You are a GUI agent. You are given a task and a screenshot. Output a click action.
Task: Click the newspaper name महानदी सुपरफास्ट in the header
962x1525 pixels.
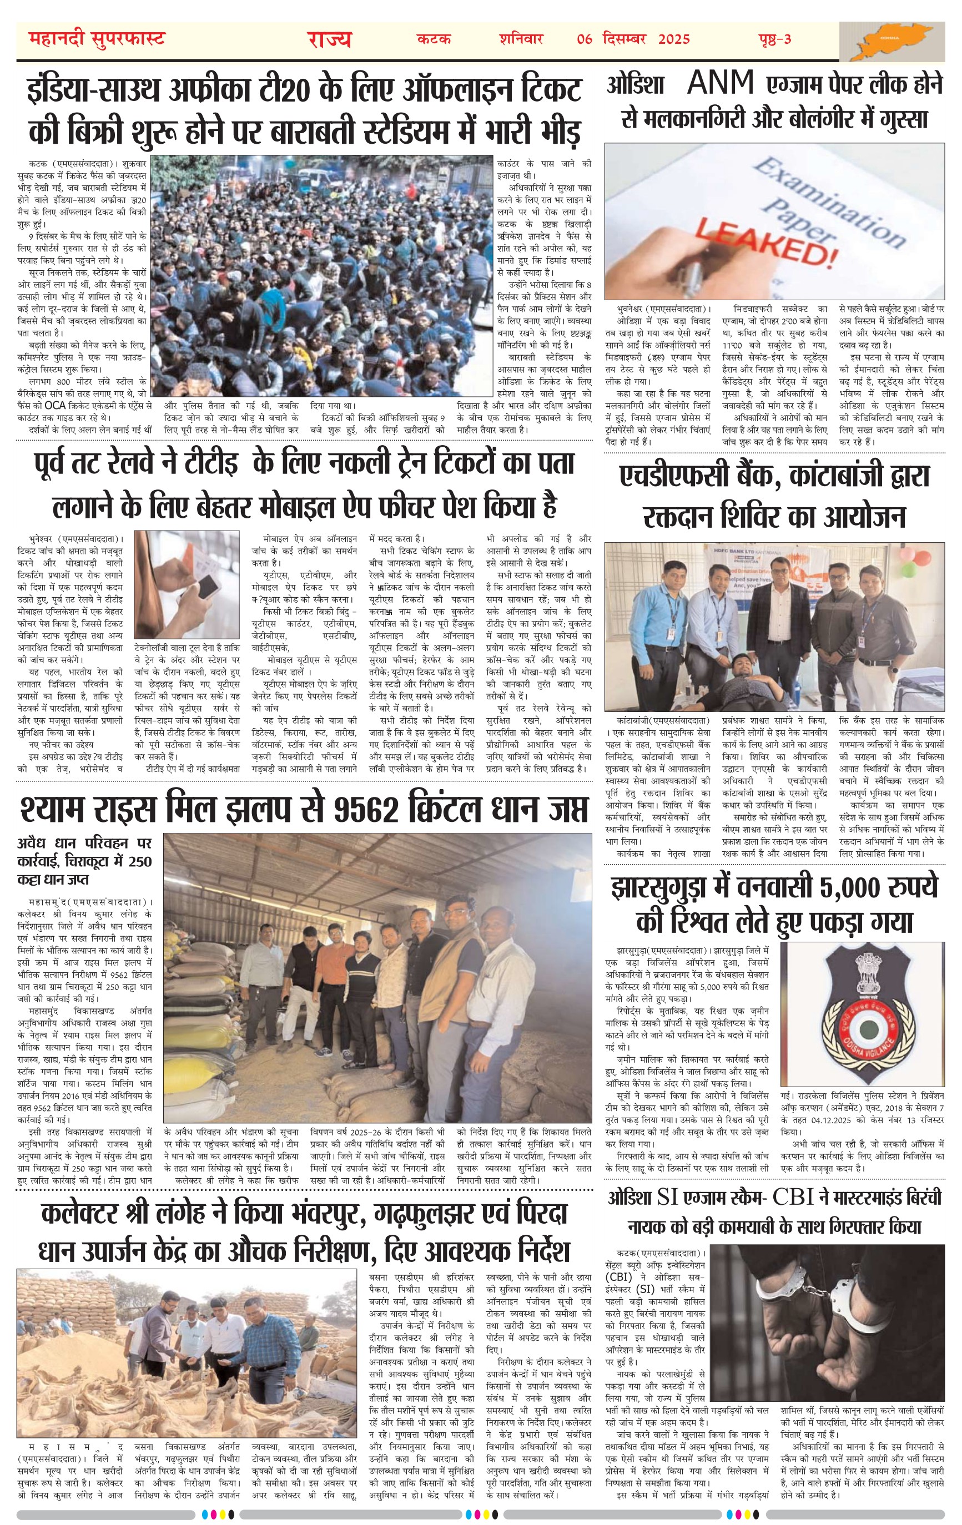[97, 39]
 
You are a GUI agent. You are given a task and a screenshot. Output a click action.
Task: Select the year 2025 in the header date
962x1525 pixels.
[674, 39]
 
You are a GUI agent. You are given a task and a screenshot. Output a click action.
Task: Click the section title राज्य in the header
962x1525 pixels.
[329, 39]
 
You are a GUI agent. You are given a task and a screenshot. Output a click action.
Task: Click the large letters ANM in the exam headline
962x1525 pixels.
[721, 83]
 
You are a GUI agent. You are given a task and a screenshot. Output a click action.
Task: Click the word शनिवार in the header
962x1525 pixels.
[521, 39]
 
